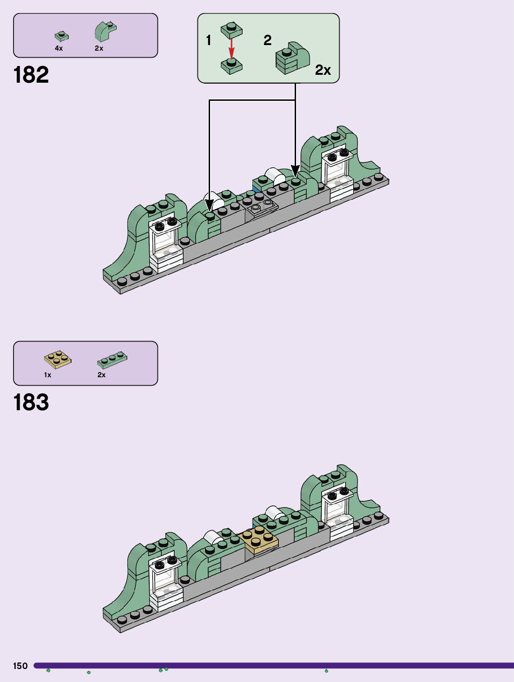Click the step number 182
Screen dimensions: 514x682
31,75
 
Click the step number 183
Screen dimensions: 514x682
31,402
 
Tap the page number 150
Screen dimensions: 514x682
20,666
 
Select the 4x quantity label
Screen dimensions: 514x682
59,48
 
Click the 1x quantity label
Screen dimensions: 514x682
47,375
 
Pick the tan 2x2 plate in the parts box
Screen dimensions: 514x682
58,360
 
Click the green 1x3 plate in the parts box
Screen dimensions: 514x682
112,360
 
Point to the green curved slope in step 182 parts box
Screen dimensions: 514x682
105,32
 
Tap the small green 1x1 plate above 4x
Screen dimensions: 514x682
61,36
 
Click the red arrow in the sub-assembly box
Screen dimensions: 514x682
231,48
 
